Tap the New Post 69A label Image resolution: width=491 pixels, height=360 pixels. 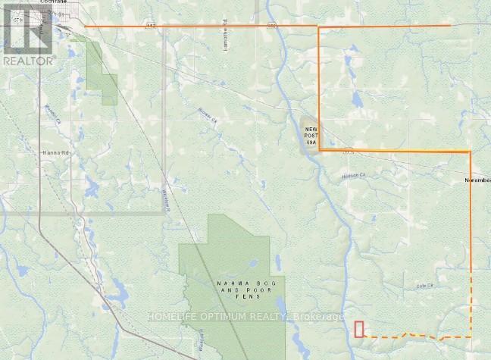click(x=310, y=135)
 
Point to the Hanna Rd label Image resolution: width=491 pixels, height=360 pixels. click(x=48, y=152)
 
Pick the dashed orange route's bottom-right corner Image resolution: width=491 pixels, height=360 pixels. click(x=471, y=337)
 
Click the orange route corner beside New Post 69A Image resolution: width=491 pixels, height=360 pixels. click(x=319, y=151)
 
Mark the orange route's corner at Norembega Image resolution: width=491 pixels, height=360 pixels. click(x=471, y=152)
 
